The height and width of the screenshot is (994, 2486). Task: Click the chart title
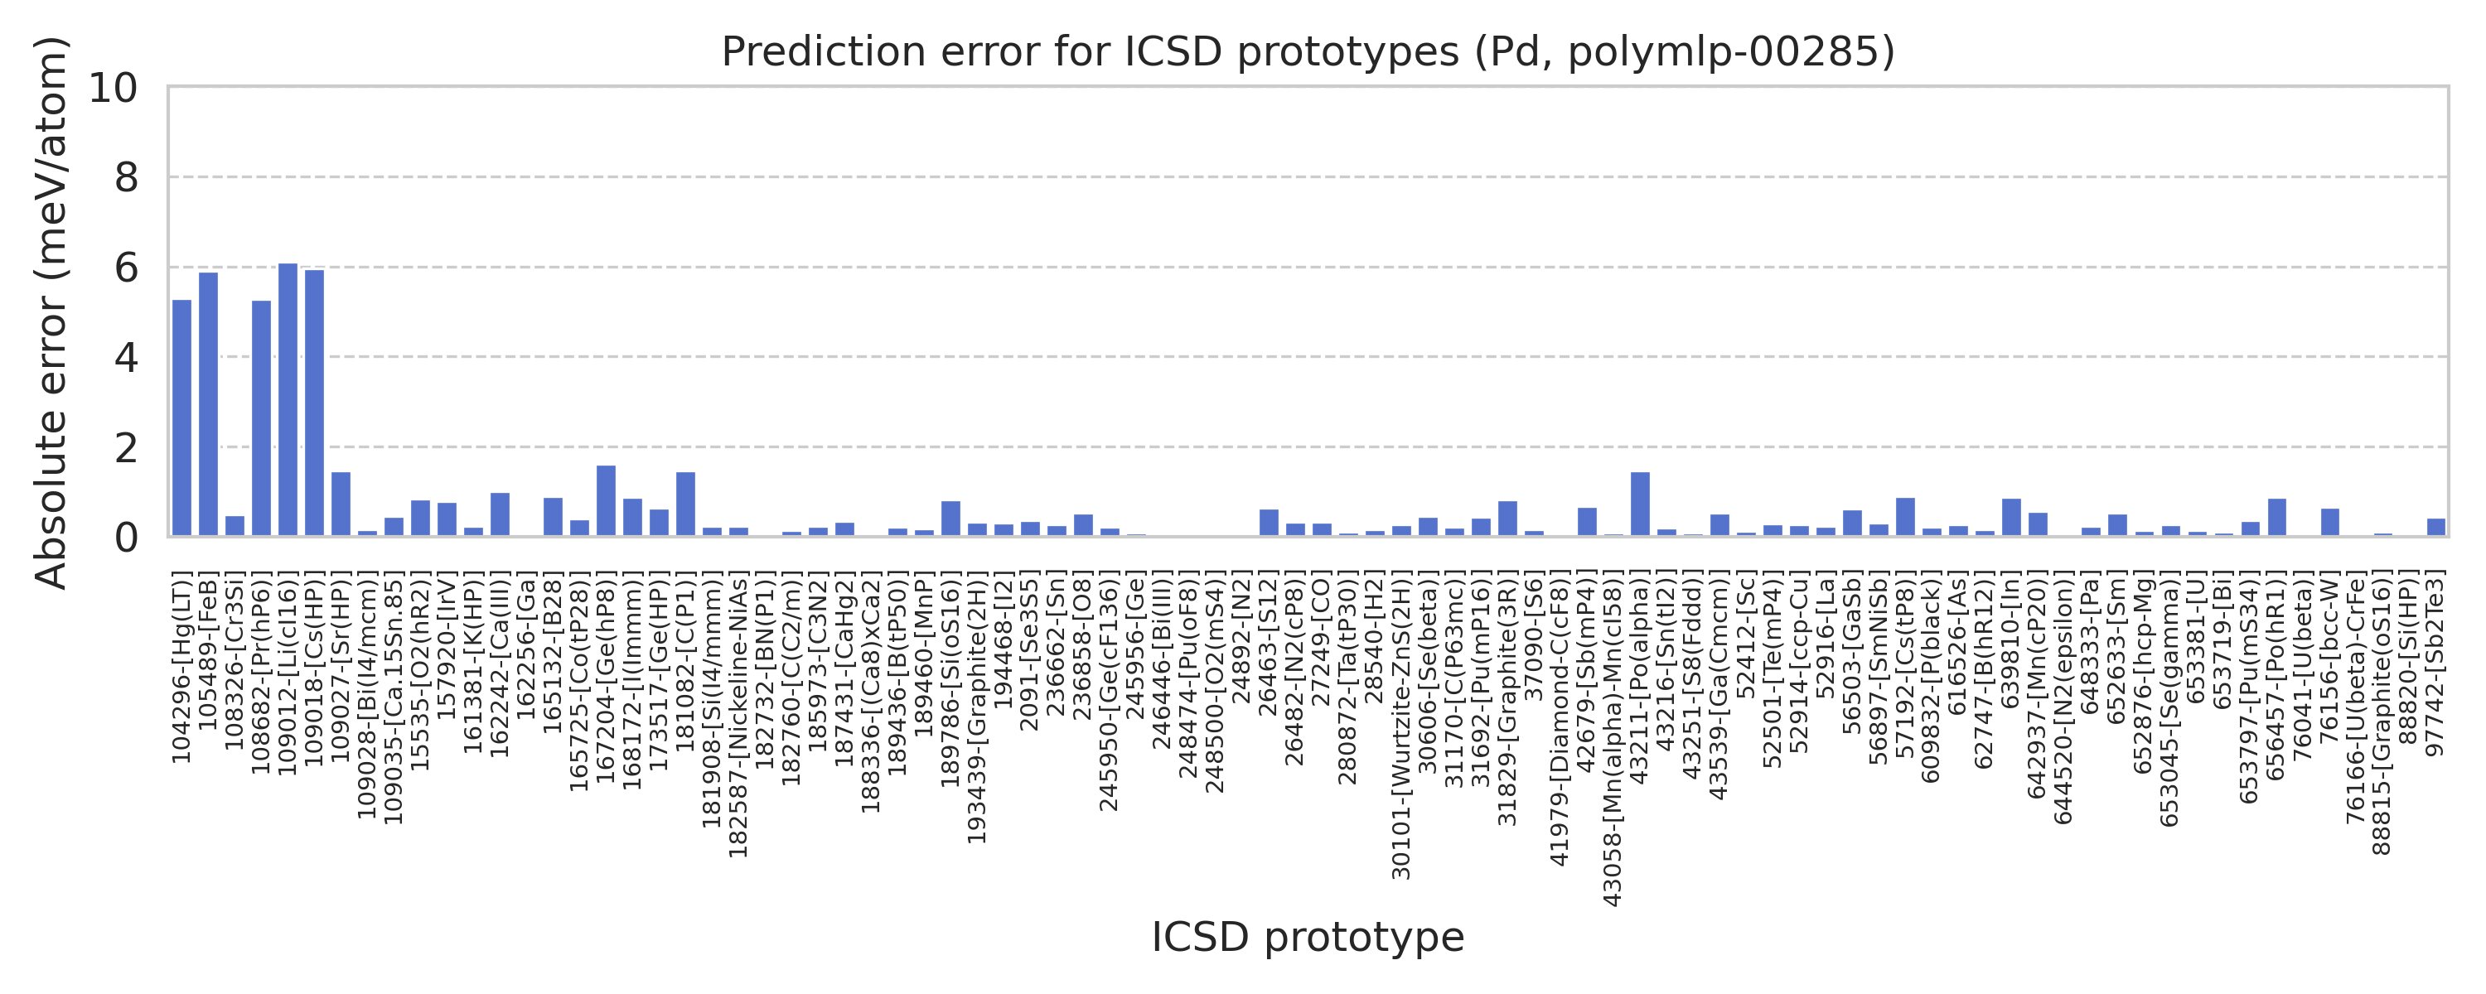(x=1308, y=52)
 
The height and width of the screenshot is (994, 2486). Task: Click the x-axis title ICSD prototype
(x=1308, y=937)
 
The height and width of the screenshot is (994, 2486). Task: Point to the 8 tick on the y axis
(x=127, y=177)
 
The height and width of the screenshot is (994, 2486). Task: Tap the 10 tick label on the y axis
(x=114, y=88)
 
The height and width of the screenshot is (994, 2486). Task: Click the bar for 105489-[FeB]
(x=209, y=404)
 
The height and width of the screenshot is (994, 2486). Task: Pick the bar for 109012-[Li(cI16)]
(x=288, y=399)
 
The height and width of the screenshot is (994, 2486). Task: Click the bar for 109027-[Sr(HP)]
(x=341, y=504)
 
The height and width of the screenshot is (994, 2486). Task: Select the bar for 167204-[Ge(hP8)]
(x=606, y=501)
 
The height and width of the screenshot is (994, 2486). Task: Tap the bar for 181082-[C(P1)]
(x=685, y=504)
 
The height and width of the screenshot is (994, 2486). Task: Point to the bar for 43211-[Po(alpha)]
(x=1640, y=504)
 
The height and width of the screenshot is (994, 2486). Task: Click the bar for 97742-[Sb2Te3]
(x=2435, y=527)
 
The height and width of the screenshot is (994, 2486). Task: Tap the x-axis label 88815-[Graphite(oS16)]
(x=2381, y=715)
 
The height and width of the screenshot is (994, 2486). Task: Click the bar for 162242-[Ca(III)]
(x=500, y=514)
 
